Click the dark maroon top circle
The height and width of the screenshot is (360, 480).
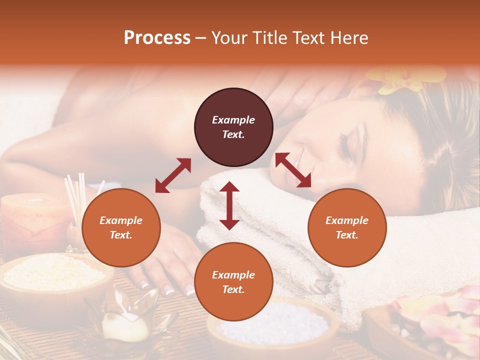pos(233,127)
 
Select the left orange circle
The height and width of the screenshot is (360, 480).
pos(121,227)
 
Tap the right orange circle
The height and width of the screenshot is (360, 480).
pos(347,227)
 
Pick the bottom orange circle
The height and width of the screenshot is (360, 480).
pos(233,282)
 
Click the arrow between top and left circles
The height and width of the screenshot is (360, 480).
pos(173,175)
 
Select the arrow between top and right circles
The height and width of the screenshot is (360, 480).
pos(293,170)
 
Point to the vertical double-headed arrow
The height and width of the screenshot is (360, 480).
pos(229,205)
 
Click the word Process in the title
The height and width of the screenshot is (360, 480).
pos(157,37)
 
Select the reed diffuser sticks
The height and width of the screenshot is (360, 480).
pos(77,197)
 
